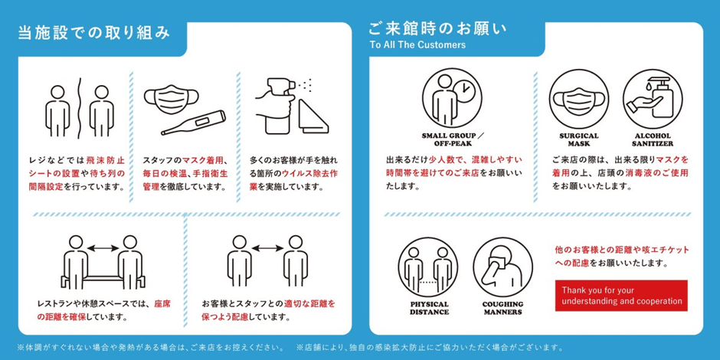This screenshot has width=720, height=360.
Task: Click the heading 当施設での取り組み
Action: pos(93,34)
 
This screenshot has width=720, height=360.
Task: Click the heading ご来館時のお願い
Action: pos(437,30)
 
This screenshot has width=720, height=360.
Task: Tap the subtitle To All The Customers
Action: pos(417,45)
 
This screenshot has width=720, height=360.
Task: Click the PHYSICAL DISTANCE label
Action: pos(429,308)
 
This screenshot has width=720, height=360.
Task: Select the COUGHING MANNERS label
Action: pos(502,308)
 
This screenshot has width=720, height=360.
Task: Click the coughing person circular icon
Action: pos(502,268)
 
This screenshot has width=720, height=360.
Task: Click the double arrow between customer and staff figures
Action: pos(266,247)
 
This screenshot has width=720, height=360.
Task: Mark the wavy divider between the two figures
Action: pos(76,105)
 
